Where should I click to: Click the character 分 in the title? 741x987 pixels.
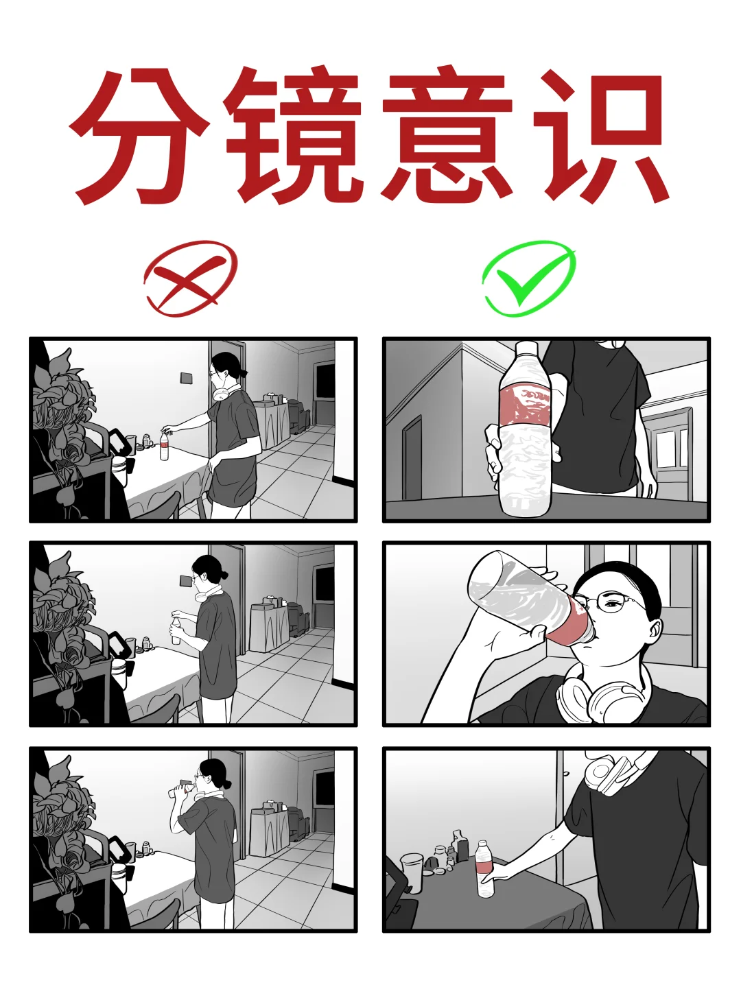141,134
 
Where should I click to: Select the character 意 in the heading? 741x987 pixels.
449,134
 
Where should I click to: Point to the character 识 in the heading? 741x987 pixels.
600,134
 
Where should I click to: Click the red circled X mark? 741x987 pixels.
189,278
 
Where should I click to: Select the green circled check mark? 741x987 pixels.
528,278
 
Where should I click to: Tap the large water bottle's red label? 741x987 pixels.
527,405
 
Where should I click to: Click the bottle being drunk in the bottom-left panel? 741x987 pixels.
180,791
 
